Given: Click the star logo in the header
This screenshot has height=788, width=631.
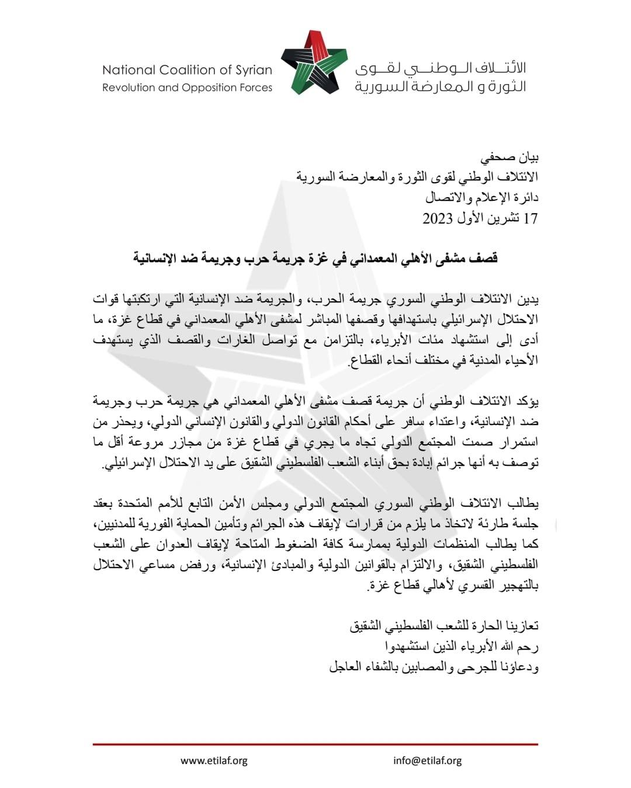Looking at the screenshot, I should (x=310, y=63).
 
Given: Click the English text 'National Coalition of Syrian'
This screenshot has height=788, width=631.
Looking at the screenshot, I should (x=187, y=70).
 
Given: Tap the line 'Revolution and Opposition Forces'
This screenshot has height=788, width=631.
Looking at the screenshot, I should (x=187, y=88).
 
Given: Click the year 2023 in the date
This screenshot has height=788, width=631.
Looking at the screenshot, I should (x=438, y=219).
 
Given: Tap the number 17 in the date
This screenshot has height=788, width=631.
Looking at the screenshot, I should (x=531, y=219).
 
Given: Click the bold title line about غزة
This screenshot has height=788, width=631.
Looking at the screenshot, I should (x=315, y=257).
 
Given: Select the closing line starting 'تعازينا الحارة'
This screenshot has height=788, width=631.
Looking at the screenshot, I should (x=443, y=627).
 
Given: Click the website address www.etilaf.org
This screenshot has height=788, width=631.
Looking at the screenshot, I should (x=214, y=761).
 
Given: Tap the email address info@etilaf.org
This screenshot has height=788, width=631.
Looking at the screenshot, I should (x=428, y=761).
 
